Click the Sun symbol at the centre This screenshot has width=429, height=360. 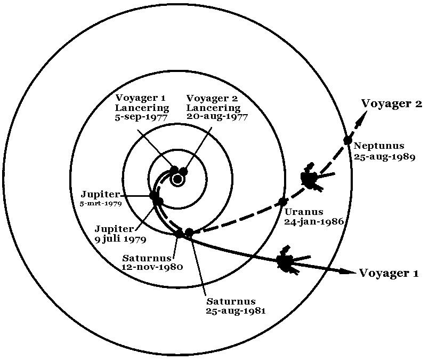pos(177,179)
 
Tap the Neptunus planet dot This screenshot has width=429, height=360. pos(347,140)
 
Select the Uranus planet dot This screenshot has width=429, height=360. pos(283,202)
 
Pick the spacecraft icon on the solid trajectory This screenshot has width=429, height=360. pos(286,262)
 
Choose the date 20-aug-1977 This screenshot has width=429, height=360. pos(217,117)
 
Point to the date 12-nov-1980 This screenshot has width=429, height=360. pos(153,267)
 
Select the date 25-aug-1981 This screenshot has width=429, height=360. pos(236,310)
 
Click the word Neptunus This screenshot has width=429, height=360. pos(379,146)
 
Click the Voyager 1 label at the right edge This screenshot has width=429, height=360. pos(389,274)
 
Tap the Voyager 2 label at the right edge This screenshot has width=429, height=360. pos(392,103)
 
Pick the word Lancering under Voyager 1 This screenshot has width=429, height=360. pos(142,108)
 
